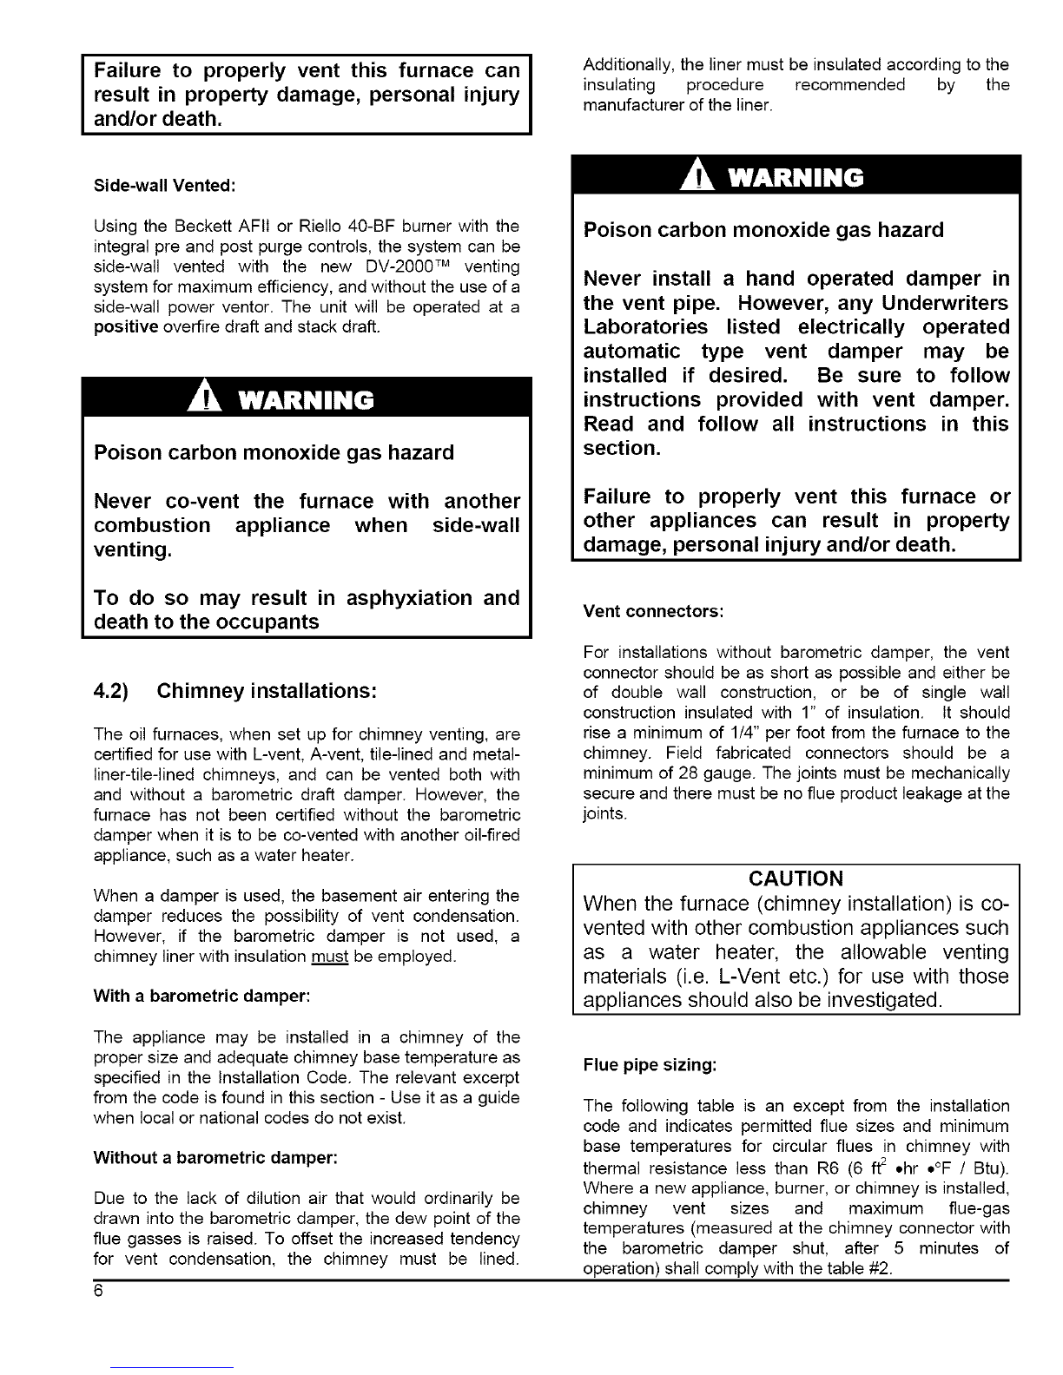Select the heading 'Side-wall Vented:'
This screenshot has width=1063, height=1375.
click(165, 186)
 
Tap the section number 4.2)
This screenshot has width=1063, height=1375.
click(111, 692)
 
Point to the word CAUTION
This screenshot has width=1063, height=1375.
click(796, 878)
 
